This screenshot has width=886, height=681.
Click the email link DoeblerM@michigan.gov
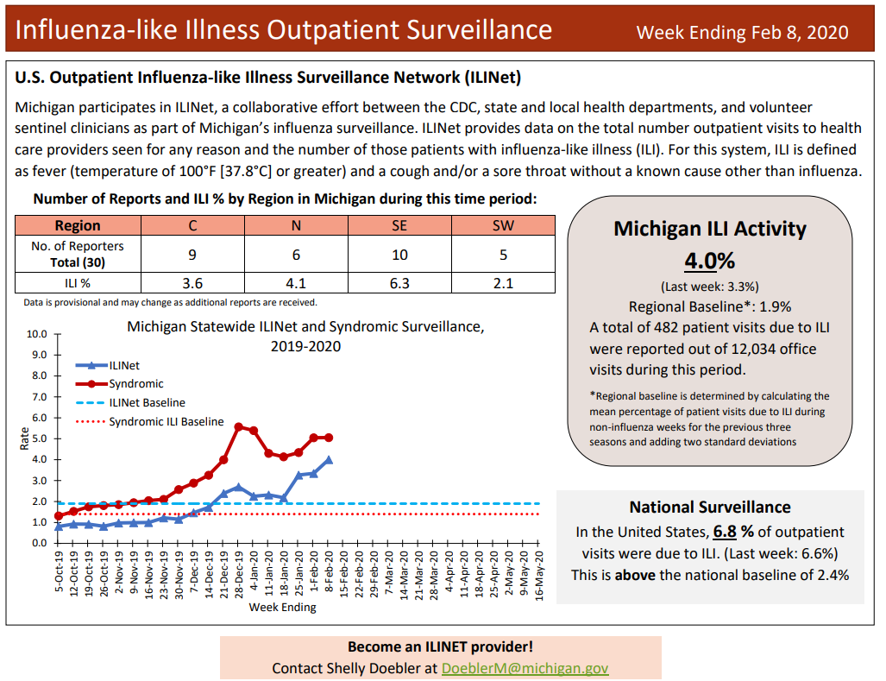(525, 668)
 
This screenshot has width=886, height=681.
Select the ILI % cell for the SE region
(399, 283)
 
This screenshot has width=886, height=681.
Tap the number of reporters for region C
(192, 255)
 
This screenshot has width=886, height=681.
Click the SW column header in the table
(503, 225)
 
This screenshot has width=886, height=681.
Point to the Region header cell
(78, 225)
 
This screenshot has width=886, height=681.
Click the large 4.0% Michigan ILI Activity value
(709, 261)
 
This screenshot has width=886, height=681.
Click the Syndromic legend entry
(135, 383)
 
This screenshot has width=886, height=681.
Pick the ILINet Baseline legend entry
(147, 402)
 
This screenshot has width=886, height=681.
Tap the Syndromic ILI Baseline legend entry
(166, 422)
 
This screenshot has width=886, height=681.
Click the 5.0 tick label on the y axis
(39, 438)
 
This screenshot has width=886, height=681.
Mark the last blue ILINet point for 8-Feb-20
(328, 460)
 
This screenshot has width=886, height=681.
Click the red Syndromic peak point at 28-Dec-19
(238, 426)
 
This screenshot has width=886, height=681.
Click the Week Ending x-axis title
(282, 607)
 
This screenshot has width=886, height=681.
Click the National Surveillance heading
(709, 507)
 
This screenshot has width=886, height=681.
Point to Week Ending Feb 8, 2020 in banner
(742, 32)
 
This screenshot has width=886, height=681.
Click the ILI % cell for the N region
(296, 283)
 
